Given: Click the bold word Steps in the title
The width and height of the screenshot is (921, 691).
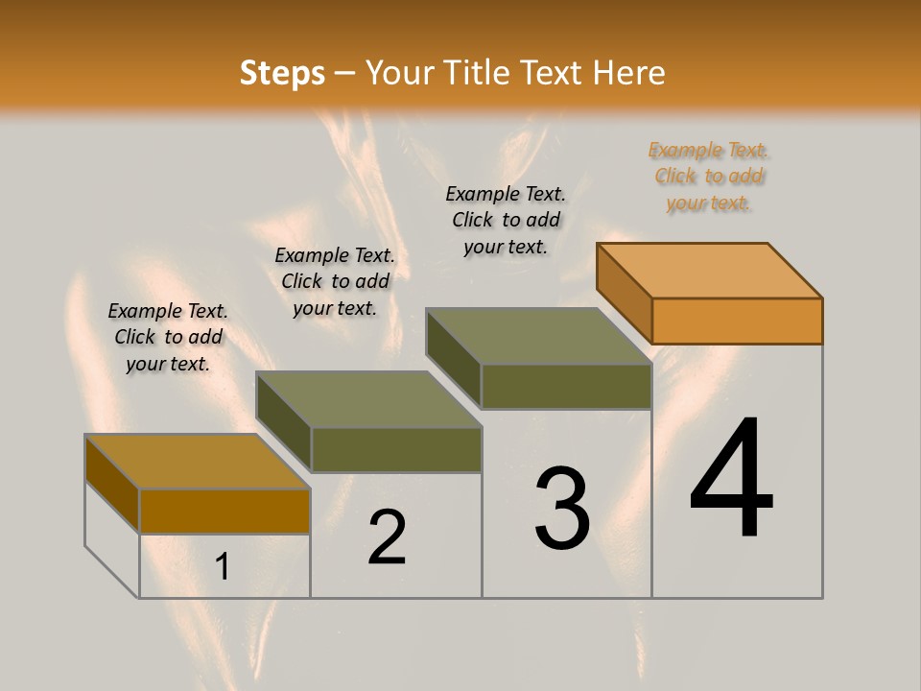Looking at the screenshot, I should tap(282, 73).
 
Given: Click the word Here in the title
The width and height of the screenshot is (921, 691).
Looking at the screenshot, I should tap(629, 73).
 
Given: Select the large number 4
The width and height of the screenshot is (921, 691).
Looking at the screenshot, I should tap(731, 480).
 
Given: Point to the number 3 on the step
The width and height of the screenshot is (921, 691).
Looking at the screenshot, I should tap(562, 509).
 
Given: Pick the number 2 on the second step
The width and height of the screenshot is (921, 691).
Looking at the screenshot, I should tap(387, 537).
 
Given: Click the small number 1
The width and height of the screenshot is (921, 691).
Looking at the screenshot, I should tap(223, 566).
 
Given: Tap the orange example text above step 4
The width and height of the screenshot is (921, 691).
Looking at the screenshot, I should tap(709, 177).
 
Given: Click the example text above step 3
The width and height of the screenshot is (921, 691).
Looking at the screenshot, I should tap(507, 221).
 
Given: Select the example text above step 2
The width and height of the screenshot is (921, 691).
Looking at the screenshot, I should tap(335, 281).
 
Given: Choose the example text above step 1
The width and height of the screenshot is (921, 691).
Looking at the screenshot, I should tap(168, 337).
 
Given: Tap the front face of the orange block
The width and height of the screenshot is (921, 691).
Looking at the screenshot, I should tap(737, 321).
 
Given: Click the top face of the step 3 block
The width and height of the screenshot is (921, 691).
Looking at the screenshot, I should tap(538, 336).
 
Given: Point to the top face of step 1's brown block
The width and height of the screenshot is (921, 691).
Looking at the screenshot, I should tap(197, 462).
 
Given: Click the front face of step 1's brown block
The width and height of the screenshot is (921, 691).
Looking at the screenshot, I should tap(224, 511).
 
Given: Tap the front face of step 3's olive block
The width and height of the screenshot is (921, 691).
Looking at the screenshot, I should tap(566, 386).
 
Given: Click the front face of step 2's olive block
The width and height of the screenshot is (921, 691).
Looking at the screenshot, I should tap(396, 449).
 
